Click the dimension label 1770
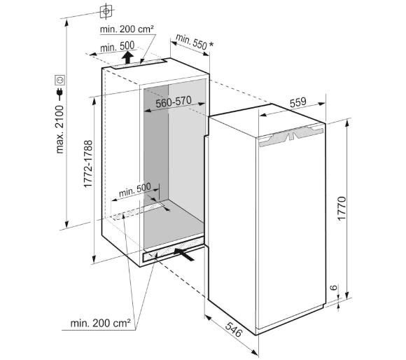tap(342, 208)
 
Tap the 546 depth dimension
tap(234, 329)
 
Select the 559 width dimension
tap(297, 102)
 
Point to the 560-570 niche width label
tap(174, 102)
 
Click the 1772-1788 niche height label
tap(88, 164)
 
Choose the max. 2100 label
tap(59, 130)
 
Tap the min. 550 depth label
tap(191, 42)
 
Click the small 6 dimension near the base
tap(334, 287)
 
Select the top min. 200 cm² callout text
tap(127, 29)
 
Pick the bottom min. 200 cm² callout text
tap(100, 323)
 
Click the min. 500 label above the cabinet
tap(118, 47)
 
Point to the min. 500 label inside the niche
tap(134, 191)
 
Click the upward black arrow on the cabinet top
tap(127, 57)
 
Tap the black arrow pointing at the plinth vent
tap(183, 254)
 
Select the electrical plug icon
tap(59, 94)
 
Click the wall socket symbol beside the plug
tap(59, 80)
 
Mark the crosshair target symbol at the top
tap(106, 11)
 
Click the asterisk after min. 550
tap(211, 45)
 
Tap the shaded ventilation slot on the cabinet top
tap(139, 64)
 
